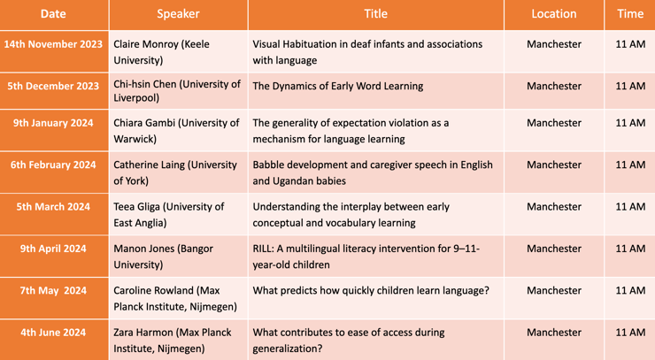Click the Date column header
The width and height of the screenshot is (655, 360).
point(53,14)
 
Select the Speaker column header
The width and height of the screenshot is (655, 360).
point(178,14)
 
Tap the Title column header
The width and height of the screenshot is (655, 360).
point(375,14)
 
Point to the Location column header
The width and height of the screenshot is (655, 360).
point(554,14)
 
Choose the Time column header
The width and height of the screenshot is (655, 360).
point(630,14)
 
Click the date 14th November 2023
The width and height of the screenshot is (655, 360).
point(53,44)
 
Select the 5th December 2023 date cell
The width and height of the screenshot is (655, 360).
point(53,86)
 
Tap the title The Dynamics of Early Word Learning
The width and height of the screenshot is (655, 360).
point(338,86)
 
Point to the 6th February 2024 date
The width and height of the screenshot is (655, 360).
point(53,165)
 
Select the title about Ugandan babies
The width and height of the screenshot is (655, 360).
point(373,172)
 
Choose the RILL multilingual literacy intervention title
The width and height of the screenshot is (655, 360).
point(366,257)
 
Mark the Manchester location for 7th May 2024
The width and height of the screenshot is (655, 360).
point(554,291)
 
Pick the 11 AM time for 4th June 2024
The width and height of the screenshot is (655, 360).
point(630,333)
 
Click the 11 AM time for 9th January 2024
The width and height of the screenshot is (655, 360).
point(630,123)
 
